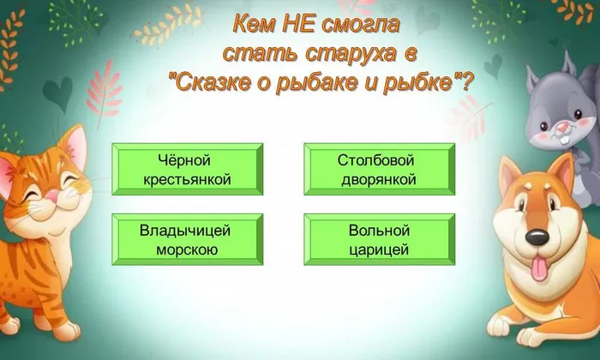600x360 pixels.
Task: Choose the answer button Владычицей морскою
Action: click(184, 240)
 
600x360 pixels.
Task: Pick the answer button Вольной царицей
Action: click(377, 240)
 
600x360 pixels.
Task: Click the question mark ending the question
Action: click(469, 84)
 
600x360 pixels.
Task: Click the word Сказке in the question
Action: click(218, 84)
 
